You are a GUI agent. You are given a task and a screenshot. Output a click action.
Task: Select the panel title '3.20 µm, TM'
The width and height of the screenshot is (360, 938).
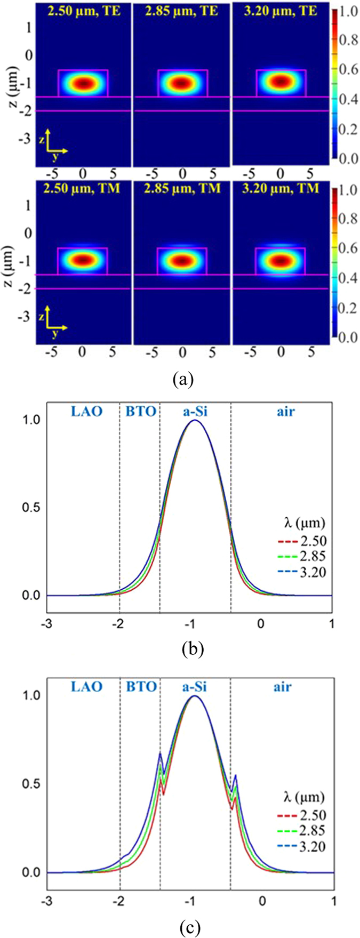point(280,188)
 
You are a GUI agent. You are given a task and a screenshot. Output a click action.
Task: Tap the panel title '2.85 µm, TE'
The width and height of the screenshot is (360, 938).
point(182,10)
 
